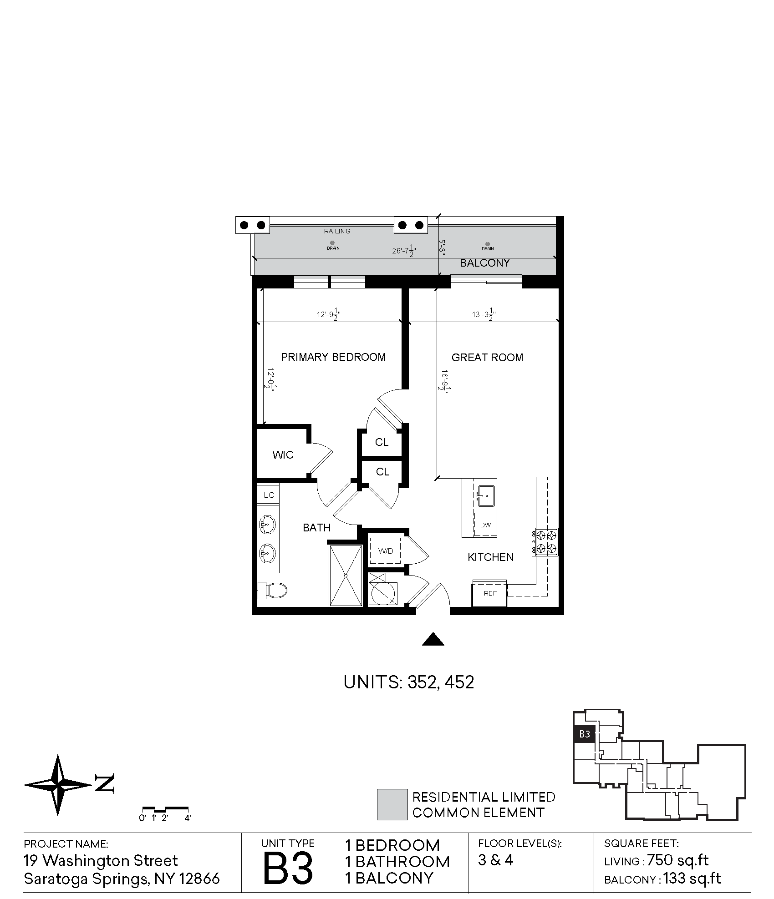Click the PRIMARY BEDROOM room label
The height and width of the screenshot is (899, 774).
[333, 357]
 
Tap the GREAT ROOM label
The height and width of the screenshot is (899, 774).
[487, 358]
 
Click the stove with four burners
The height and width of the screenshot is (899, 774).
[545, 541]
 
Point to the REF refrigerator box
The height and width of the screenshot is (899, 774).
[490, 593]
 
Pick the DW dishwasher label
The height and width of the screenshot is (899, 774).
[485, 525]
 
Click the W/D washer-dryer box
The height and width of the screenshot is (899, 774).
[385, 551]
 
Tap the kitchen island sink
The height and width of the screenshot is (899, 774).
[486, 496]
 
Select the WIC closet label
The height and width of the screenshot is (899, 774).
[283, 455]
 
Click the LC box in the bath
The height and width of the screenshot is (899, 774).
[269, 495]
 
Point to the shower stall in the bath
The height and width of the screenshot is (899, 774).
[346, 575]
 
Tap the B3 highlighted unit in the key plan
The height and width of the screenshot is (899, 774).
[584, 734]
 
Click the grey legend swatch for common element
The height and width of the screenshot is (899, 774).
[392, 804]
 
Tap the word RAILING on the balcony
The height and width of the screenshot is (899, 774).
[337, 231]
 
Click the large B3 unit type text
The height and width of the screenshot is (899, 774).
[288, 868]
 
